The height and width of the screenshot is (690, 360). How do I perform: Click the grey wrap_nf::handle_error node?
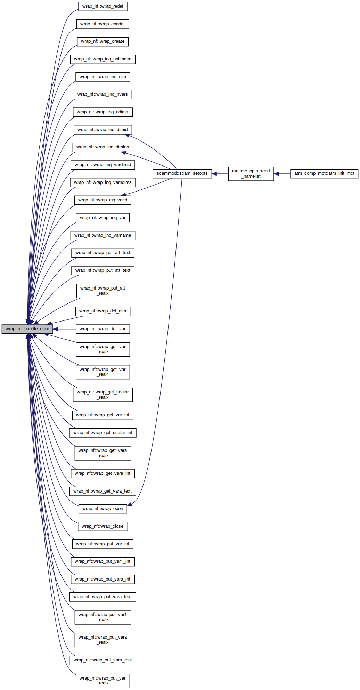27,329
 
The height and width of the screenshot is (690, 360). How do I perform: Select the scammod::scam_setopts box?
182,173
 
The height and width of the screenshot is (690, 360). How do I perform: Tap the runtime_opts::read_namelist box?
251,173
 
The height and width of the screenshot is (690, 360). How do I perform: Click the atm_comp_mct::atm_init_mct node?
324,173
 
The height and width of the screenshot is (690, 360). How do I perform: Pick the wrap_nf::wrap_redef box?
103,6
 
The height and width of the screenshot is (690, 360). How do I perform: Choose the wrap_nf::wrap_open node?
103,509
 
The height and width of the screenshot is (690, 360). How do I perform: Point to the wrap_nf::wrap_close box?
103,526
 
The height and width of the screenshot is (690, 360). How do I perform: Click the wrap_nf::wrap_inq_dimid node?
103,130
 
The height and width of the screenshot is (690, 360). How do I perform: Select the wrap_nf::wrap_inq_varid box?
103,200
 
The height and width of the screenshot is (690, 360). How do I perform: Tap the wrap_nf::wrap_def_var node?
103,329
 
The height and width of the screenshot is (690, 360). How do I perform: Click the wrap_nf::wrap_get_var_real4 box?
103,372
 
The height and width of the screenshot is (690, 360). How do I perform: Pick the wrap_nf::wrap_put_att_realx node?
103,291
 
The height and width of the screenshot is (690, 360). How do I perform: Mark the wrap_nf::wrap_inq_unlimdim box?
103,59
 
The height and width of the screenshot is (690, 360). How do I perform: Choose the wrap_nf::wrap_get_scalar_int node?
103,433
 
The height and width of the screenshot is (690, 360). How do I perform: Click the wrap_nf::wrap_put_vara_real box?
103,660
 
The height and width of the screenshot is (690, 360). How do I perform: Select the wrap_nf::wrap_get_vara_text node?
103,491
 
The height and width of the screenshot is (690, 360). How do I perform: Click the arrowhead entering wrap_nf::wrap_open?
130,504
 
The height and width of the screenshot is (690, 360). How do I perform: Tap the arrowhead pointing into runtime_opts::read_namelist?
277,173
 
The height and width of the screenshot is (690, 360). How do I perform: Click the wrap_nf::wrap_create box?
103,41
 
